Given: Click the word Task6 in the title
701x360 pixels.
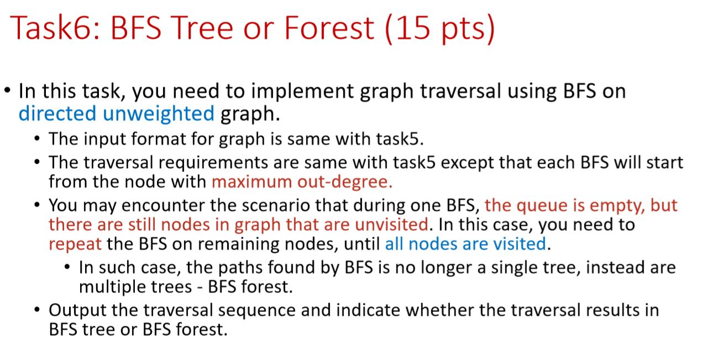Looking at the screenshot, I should tap(54, 28).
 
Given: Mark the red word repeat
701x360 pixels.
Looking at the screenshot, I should tap(75, 243).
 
